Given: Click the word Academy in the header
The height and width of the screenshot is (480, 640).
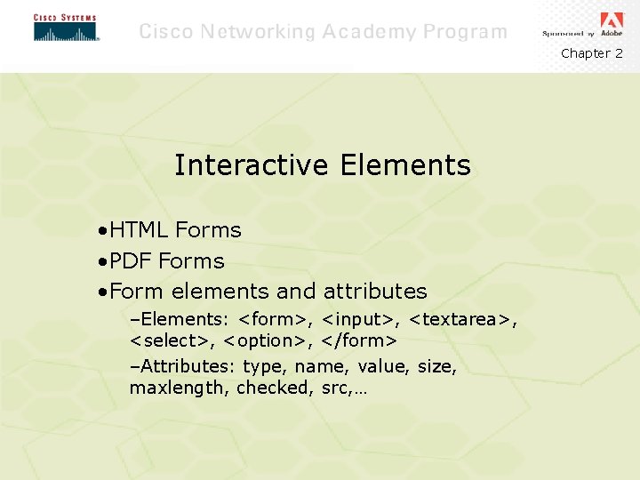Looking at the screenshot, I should (x=368, y=32).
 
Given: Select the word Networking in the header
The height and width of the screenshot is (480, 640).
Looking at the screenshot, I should (x=257, y=32).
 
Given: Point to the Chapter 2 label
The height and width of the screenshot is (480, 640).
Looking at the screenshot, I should (x=591, y=53).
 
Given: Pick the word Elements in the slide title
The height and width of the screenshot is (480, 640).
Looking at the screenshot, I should (x=404, y=165).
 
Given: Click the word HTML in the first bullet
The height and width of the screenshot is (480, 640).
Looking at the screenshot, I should (x=140, y=230).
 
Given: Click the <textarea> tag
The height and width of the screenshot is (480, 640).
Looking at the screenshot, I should (x=463, y=319).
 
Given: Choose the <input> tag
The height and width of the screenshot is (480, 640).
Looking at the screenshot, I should (x=362, y=319).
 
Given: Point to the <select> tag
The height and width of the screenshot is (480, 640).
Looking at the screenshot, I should (x=172, y=340).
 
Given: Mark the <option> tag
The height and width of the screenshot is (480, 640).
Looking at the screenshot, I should (x=265, y=340).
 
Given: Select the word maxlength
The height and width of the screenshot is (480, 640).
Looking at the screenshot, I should (x=180, y=388).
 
